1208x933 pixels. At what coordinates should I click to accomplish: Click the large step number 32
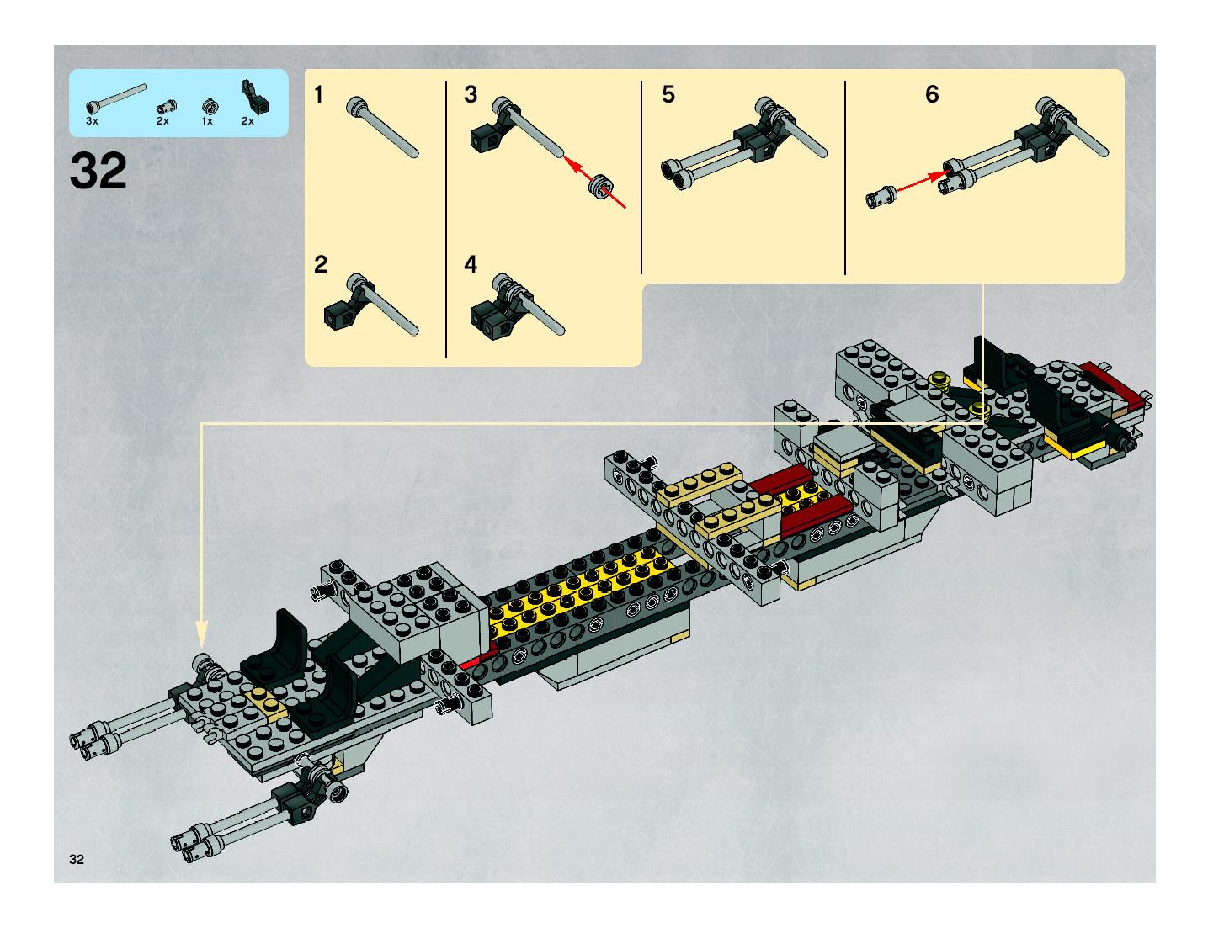point(98,171)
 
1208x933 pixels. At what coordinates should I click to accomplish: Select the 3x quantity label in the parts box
point(92,121)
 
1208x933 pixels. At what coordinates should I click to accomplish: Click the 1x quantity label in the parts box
point(207,121)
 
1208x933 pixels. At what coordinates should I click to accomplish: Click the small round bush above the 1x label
point(209,106)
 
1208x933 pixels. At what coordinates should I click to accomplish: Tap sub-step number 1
point(319,95)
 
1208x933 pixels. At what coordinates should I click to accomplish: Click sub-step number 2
point(320,264)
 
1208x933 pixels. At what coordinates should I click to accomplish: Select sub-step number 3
point(471,95)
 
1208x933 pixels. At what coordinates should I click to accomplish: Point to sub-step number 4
point(471,264)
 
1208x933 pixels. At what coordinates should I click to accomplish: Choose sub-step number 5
point(668,95)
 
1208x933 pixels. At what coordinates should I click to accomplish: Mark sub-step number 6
point(932,95)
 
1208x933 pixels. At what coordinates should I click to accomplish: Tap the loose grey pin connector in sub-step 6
point(881,197)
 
